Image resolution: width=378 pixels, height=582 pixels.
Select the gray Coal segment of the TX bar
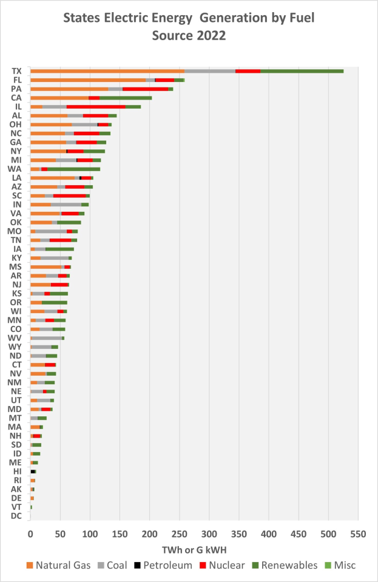[210, 71]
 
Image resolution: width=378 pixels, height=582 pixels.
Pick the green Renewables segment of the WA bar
[73, 168]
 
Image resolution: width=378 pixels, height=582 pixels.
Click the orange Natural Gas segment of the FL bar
[88, 80]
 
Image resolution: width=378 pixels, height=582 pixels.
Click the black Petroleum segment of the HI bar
[33, 471]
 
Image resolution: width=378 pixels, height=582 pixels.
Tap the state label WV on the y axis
[15, 337]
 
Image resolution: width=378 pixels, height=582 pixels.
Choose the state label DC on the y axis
[16, 516]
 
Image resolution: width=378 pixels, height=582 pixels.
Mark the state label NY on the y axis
[16, 151]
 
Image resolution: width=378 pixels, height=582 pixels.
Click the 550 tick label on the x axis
[358, 534]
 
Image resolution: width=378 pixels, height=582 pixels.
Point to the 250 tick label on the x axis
[180, 534]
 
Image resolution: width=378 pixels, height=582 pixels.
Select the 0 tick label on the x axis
[30, 534]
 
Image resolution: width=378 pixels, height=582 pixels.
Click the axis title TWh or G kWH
[194, 549]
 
